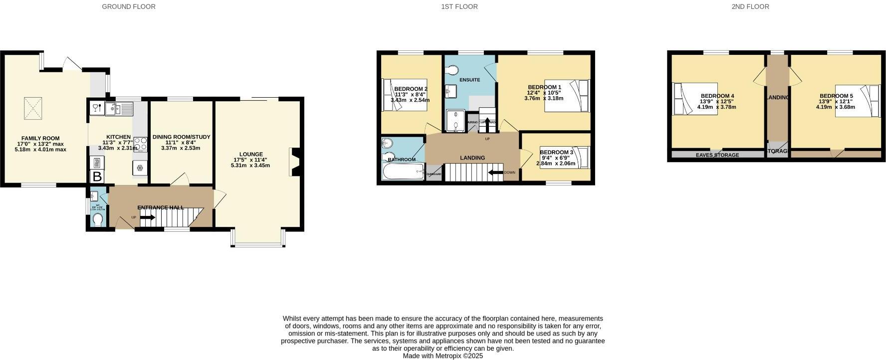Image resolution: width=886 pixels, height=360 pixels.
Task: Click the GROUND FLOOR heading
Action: click(128, 6)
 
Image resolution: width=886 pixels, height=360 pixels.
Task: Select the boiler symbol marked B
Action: click(97, 177)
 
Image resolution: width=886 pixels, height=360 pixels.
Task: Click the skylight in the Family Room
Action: click(34, 108)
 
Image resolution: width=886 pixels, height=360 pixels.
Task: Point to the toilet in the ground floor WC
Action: click(98, 220)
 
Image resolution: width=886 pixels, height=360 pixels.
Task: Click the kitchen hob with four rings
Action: click(140, 145)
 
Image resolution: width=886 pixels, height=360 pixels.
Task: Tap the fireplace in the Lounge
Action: click(293, 162)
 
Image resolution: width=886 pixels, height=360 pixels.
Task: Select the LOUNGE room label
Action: click(250, 154)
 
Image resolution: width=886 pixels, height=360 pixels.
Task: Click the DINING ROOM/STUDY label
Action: click(181, 137)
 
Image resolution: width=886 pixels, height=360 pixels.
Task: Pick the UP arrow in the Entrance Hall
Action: click(148, 217)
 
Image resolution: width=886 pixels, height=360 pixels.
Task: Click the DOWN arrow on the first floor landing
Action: click(496, 173)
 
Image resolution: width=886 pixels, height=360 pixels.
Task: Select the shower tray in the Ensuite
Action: click(455, 121)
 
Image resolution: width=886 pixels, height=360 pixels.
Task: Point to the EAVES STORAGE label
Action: click(717, 155)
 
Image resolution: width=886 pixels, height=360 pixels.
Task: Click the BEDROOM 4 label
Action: click(717, 96)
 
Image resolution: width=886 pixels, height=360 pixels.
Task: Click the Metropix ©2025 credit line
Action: click(443, 356)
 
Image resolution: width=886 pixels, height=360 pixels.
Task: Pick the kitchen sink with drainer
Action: click(119, 108)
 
